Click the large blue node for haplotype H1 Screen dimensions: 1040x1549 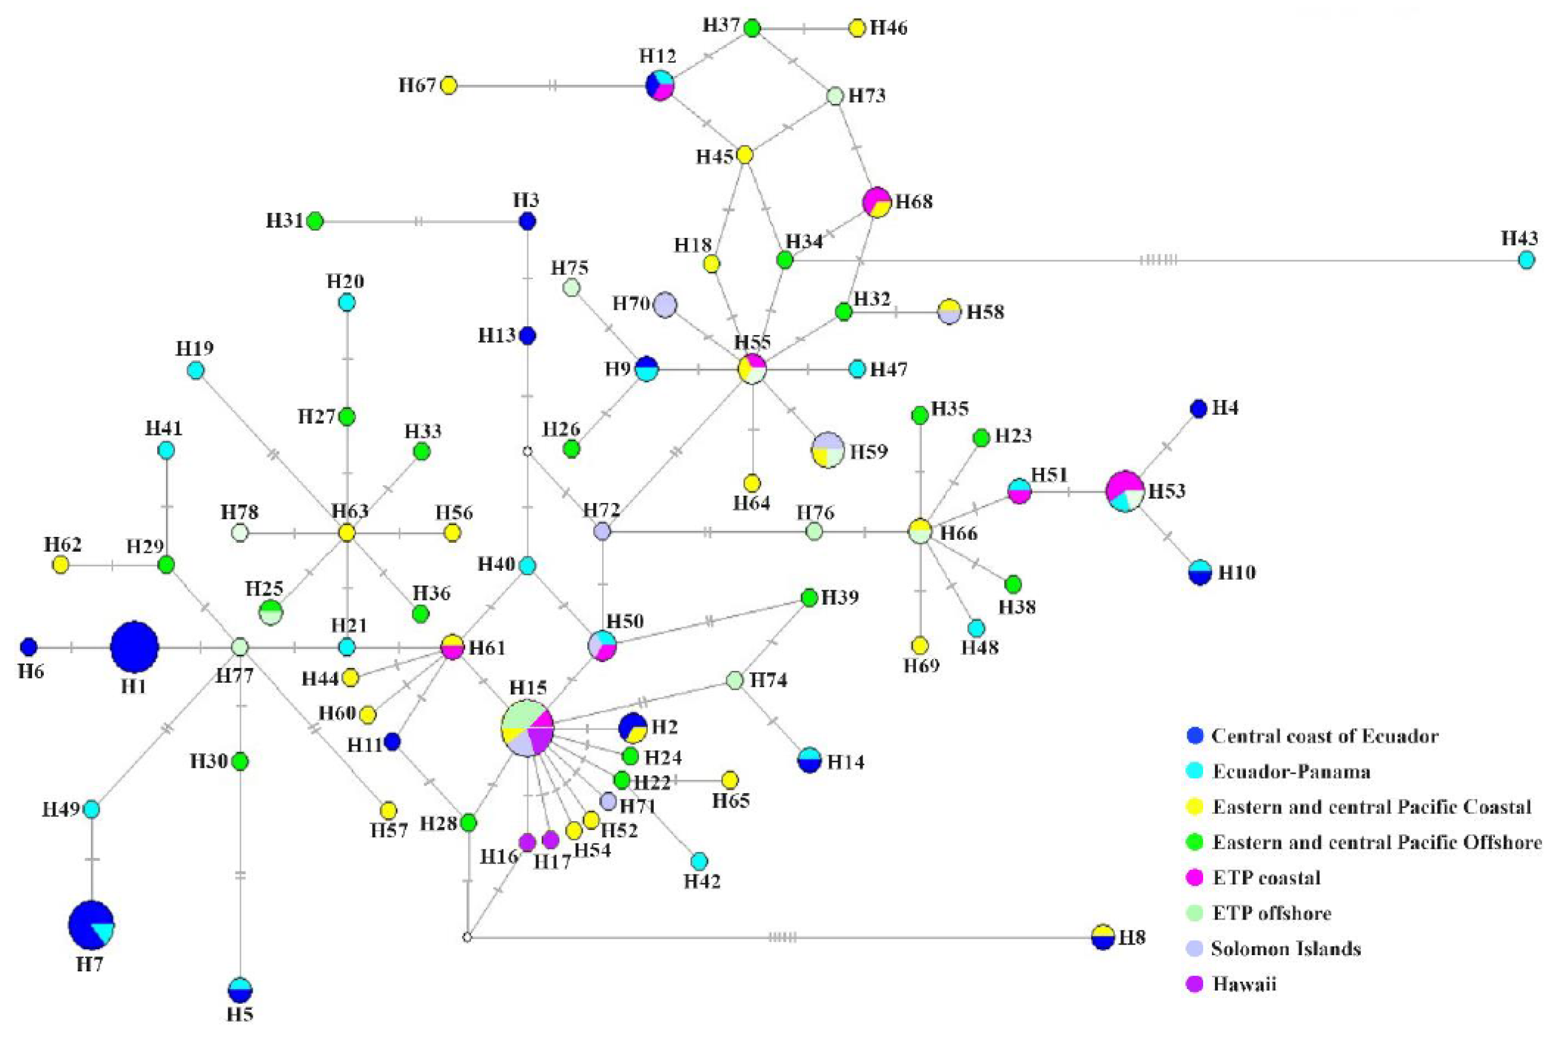pos(134,647)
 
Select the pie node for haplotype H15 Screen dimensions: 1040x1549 pos(527,727)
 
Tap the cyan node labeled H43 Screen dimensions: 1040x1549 pos(1526,260)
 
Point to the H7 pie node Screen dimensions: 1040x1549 pos(91,924)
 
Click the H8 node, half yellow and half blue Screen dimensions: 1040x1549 pos(1102,937)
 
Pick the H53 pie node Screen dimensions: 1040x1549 pos(1125,491)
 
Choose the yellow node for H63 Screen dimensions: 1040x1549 pos(346,533)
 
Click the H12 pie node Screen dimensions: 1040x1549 pos(660,85)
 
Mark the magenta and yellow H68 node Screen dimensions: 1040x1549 pos(877,201)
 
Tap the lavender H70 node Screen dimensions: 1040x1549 pos(664,305)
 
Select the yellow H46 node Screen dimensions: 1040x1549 pos(857,28)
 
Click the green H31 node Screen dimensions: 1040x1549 pos(315,221)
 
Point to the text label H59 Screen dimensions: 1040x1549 pos(869,451)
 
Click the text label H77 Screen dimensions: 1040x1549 pos(235,676)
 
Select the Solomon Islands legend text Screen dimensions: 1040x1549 pos(1286,949)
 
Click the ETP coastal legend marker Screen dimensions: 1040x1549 pos(1194,877)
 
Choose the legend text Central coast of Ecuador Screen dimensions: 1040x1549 pos(1325,736)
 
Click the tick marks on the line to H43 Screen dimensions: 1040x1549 pos(1159,260)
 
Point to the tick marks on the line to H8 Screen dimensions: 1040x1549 pos(783,937)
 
